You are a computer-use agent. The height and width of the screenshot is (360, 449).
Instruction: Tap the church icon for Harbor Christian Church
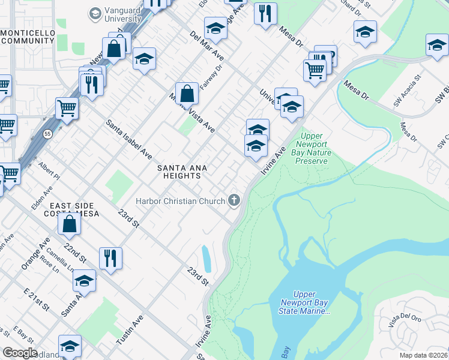tap(234, 200)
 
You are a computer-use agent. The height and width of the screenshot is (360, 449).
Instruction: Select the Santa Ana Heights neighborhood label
tap(178, 172)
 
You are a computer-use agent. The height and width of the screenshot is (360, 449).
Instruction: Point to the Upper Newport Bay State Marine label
tap(305, 303)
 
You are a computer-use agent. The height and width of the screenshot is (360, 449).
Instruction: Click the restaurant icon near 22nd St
tap(110, 258)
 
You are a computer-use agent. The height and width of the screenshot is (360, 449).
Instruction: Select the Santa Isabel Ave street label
tap(129, 139)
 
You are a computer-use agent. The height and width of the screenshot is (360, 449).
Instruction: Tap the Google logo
tap(20, 353)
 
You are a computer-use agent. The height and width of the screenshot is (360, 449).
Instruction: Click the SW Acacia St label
tap(408, 91)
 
